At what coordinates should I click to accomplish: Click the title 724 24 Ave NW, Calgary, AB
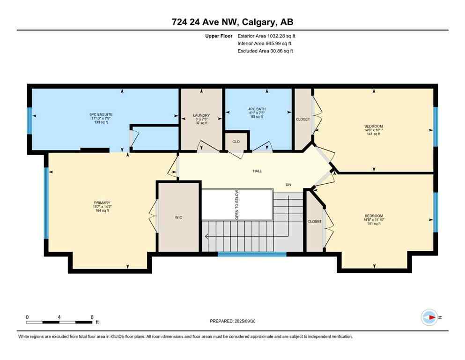[232, 22]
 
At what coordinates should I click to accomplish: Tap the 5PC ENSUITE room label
[101, 114]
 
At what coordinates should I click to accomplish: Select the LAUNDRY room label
[201, 115]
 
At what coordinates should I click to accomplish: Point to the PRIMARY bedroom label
[101, 203]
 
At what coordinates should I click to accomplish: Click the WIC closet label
[178, 217]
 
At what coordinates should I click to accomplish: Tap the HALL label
[257, 171]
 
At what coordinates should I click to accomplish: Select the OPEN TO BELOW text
[237, 204]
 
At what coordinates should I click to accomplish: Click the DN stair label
[288, 185]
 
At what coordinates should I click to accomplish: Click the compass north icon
[429, 317]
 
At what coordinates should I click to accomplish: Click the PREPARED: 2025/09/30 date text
[233, 321]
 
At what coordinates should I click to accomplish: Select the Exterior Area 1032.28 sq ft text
[266, 36]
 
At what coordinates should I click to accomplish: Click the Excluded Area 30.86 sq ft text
[265, 51]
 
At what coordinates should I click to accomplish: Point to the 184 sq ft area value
[101, 210]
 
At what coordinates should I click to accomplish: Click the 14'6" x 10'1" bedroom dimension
[374, 130]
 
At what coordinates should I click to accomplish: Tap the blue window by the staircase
[252, 254]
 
